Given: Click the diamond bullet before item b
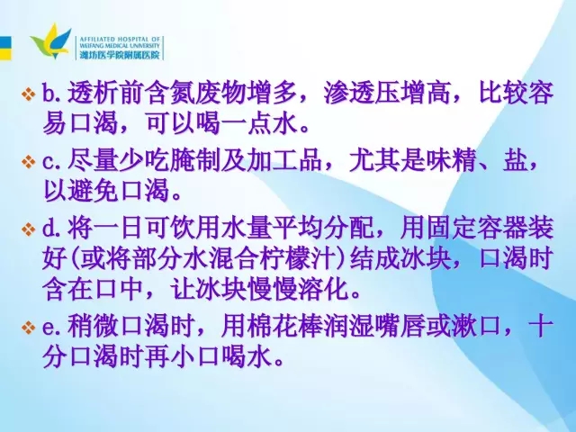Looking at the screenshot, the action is [x=29, y=94].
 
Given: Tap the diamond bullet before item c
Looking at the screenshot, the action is [x=29, y=162].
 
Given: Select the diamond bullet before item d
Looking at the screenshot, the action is [x=29, y=229].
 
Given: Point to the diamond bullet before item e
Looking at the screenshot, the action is [x=29, y=328].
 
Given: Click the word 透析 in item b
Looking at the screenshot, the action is [x=93, y=93].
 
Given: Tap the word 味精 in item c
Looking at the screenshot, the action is [x=452, y=160].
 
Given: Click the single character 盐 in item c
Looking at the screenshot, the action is [x=516, y=160].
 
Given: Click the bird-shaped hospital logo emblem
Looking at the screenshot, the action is [x=51, y=41].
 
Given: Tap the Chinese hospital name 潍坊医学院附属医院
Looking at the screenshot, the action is [x=120, y=55].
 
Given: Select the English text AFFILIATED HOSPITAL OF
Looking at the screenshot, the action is [x=120, y=39].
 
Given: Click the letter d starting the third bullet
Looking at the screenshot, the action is [x=49, y=229].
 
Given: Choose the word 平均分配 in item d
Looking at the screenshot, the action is [x=323, y=229].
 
